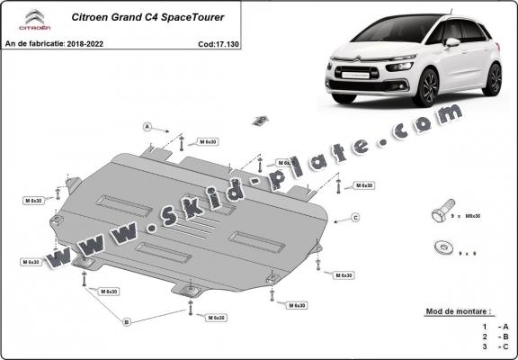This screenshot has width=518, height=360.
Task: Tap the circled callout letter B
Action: coord(127,321)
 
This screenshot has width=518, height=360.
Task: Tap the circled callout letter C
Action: coord(356,218)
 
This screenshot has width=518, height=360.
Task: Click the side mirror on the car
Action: coord(453,42)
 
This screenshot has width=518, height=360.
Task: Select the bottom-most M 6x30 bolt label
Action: coord(215,318)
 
